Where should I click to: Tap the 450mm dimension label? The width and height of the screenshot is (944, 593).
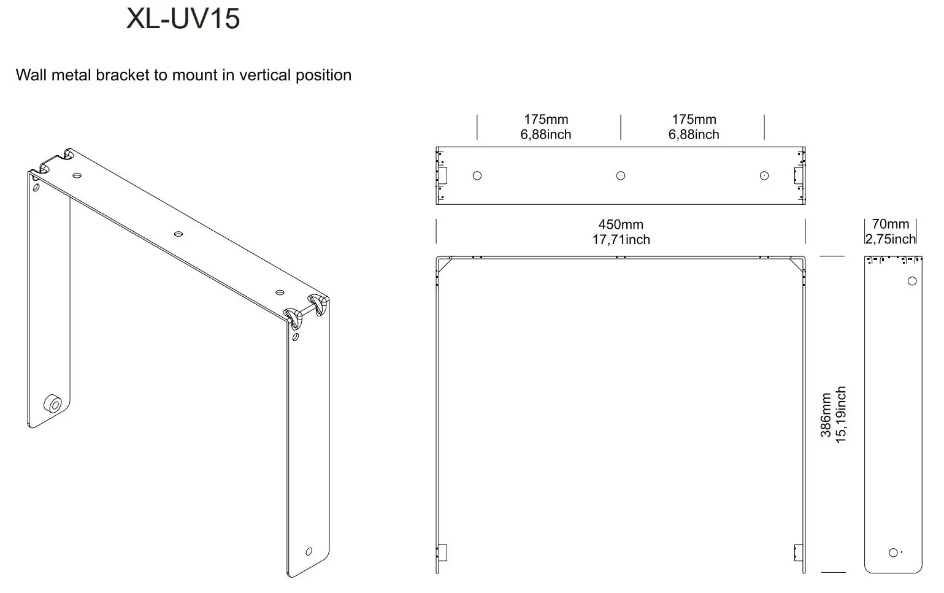point(620,224)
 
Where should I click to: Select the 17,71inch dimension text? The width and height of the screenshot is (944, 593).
point(620,240)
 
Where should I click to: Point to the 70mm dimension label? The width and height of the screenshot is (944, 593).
point(890,224)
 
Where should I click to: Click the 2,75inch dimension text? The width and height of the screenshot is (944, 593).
point(890,239)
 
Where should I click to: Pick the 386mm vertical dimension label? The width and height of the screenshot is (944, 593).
point(826,415)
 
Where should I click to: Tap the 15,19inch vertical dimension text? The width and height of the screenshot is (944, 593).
point(841,415)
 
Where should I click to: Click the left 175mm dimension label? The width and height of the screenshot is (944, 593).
point(545,120)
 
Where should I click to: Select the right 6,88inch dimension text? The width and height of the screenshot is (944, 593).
point(693,134)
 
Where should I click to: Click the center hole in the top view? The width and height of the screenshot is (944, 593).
point(620,176)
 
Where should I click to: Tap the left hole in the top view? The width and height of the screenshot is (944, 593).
point(477,176)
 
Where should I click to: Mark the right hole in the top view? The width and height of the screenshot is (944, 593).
point(764,176)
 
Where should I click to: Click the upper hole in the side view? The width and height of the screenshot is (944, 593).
point(911,281)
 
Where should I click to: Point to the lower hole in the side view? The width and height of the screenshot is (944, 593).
point(892,553)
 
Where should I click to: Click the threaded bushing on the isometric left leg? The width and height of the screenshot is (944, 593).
point(52,404)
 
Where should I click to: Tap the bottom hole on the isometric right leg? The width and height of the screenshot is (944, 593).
point(309,551)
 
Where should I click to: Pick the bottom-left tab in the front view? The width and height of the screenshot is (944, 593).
point(442,552)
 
